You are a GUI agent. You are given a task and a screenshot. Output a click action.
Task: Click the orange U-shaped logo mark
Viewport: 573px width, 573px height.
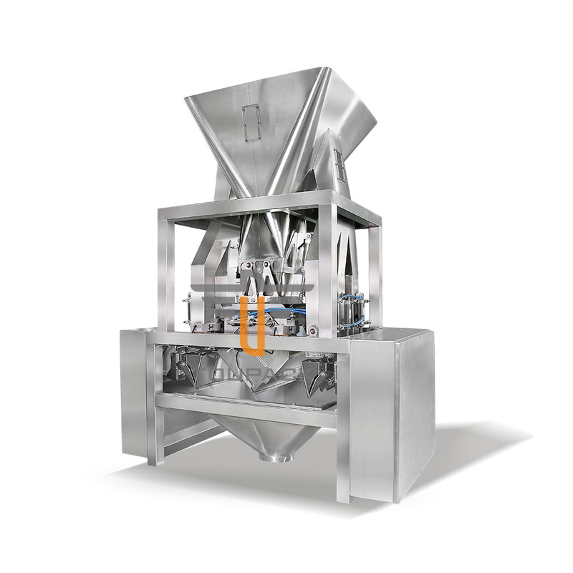(253, 326)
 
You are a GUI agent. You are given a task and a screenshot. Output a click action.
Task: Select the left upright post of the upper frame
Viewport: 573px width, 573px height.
(167, 272)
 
